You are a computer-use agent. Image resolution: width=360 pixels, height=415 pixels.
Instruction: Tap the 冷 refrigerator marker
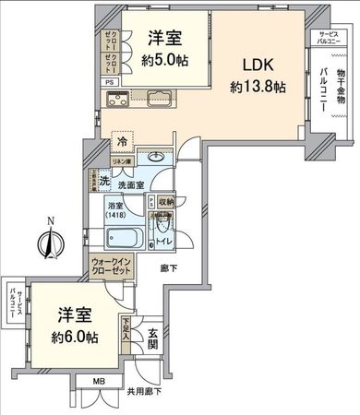click(122, 142)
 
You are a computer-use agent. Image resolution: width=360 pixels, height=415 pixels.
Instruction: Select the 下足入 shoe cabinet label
click(126, 326)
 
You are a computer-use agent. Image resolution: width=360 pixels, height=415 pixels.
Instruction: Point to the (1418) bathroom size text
click(118, 215)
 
